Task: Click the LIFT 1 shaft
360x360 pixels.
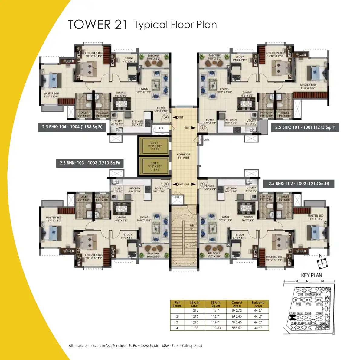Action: pyautogui.click(x=155, y=146)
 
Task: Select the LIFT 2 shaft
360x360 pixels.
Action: pyautogui.click(x=155, y=166)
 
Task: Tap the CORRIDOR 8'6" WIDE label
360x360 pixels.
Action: pyautogui.click(x=184, y=156)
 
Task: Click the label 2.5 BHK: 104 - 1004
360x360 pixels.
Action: pyautogui.click(x=72, y=127)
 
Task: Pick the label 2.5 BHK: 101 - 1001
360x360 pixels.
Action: pyautogui.click(x=305, y=127)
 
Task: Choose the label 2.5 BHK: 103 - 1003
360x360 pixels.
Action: pyautogui.click(x=90, y=163)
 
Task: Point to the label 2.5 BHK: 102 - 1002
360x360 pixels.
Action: pyautogui.click(x=298, y=183)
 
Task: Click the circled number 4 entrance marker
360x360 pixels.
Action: pyautogui.click(x=166, y=117)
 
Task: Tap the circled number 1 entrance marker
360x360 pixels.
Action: pyautogui.click(x=202, y=128)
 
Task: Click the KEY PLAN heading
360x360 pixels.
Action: pyautogui.click(x=311, y=275)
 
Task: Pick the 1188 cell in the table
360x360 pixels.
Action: pyautogui.click(x=195, y=328)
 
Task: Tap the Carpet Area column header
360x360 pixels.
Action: pyautogui.click(x=237, y=304)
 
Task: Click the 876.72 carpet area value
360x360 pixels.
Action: pyautogui.click(x=237, y=310)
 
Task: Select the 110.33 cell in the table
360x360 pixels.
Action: pyautogui.click(x=216, y=328)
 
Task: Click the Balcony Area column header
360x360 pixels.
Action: pyautogui.click(x=258, y=304)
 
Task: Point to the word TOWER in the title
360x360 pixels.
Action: pyautogui.click(x=89, y=25)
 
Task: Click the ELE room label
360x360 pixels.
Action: pyautogui.click(x=161, y=128)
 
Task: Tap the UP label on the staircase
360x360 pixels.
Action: pyautogui.click(x=192, y=225)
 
